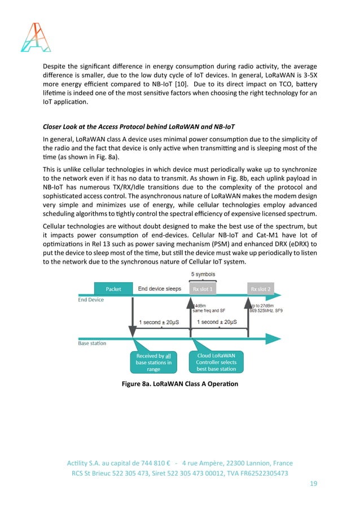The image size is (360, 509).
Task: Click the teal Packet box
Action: [x=113, y=288]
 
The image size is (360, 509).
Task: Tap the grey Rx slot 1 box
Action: [x=203, y=288]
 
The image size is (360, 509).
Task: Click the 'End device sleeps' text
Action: [x=160, y=288]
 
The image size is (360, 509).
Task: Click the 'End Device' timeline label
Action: [x=91, y=300]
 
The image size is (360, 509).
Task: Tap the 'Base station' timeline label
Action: [x=92, y=343]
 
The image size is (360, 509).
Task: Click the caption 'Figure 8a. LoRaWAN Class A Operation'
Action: [x=180, y=384]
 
